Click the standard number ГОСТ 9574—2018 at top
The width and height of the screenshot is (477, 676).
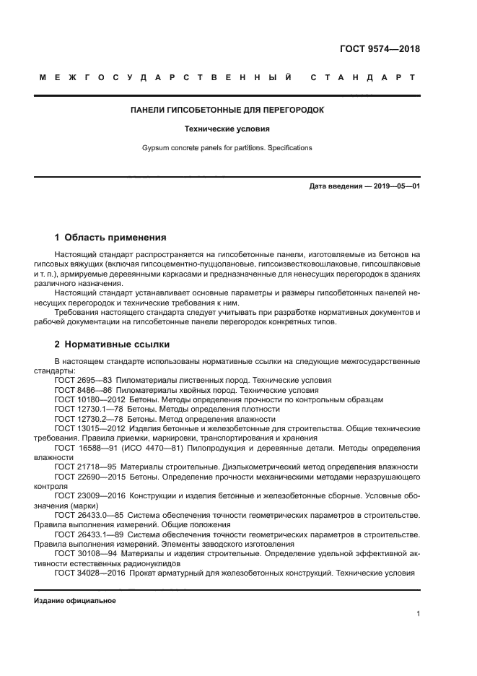tap(380, 49)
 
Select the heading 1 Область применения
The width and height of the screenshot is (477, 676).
tap(111, 237)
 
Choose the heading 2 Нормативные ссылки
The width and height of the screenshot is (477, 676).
tap(113, 344)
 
